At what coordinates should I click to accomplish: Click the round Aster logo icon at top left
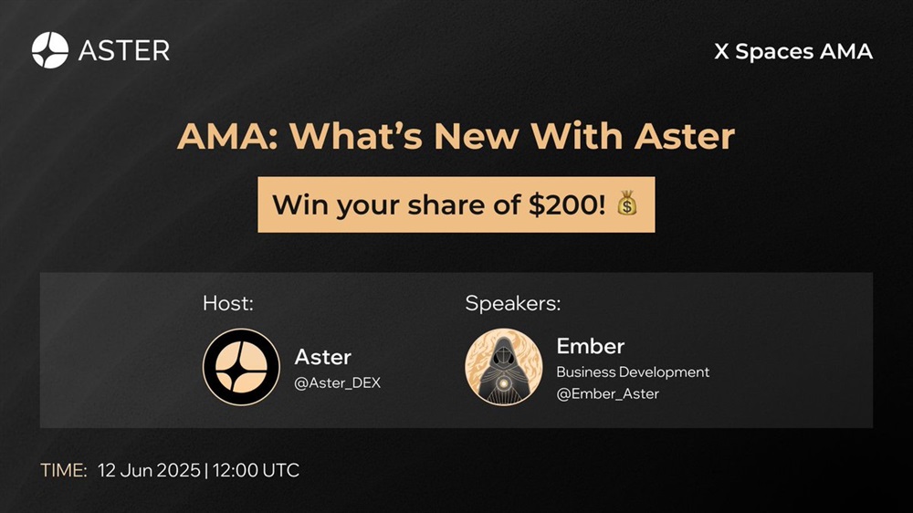pyautogui.click(x=50, y=50)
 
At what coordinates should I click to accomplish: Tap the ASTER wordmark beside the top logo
pyautogui.click(x=124, y=50)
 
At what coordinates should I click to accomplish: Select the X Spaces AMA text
pyautogui.click(x=793, y=52)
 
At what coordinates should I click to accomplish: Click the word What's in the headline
pyautogui.click(x=357, y=136)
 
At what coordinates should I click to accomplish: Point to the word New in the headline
pyautogui.click(x=476, y=136)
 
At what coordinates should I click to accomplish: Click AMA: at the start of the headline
pyautogui.click(x=227, y=136)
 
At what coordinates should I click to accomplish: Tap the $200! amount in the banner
pyautogui.click(x=567, y=204)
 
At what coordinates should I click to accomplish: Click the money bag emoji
pyautogui.click(x=626, y=204)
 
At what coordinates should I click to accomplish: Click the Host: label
pyautogui.click(x=228, y=303)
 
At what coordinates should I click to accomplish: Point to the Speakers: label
pyautogui.click(x=513, y=303)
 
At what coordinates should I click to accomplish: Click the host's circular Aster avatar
pyautogui.click(x=241, y=367)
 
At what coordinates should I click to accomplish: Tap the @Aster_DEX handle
pyautogui.click(x=338, y=383)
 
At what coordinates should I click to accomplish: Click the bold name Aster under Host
pyautogui.click(x=323, y=357)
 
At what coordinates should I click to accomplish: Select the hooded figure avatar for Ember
pyautogui.click(x=504, y=367)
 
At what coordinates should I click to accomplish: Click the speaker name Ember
pyautogui.click(x=591, y=347)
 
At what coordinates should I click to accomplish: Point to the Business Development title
pyautogui.click(x=633, y=372)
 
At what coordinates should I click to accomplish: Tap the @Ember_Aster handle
pyautogui.click(x=608, y=394)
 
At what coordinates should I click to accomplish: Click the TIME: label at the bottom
pyautogui.click(x=64, y=470)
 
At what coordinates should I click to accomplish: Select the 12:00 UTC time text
pyautogui.click(x=256, y=470)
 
